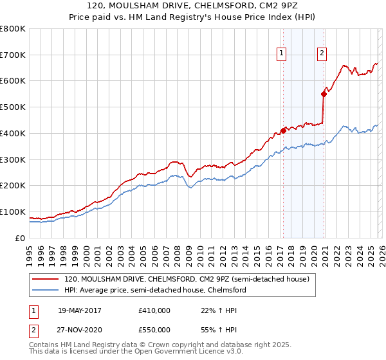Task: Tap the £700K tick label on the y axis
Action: [13, 55]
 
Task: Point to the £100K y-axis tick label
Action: [13, 212]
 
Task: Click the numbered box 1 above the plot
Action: [282, 54]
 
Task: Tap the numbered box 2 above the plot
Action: [321, 54]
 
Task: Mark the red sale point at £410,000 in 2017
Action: [283, 130]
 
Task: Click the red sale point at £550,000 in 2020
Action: [324, 94]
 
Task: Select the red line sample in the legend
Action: [46, 280]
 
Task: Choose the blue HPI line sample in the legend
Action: [46, 290]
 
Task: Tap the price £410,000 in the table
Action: [154, 310]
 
